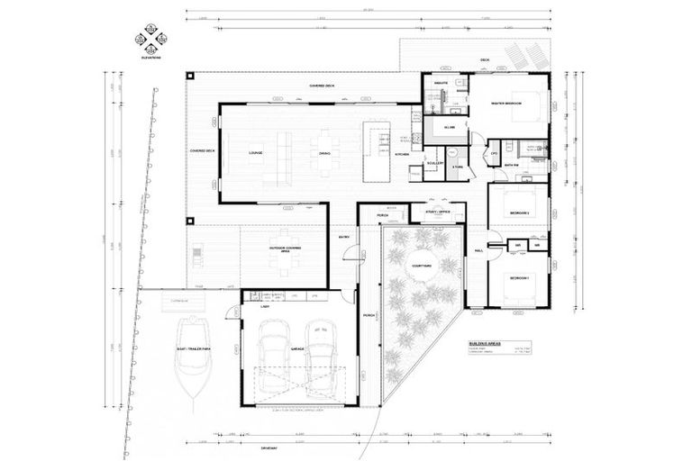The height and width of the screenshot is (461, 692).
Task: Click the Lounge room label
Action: pos(254,154)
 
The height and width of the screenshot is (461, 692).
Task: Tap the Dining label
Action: pos(324,154)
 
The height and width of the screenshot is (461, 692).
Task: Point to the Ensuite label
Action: pos(442,82)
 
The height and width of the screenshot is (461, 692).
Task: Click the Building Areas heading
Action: pos(483,343)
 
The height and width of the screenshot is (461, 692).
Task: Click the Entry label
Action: pos(343,238)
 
